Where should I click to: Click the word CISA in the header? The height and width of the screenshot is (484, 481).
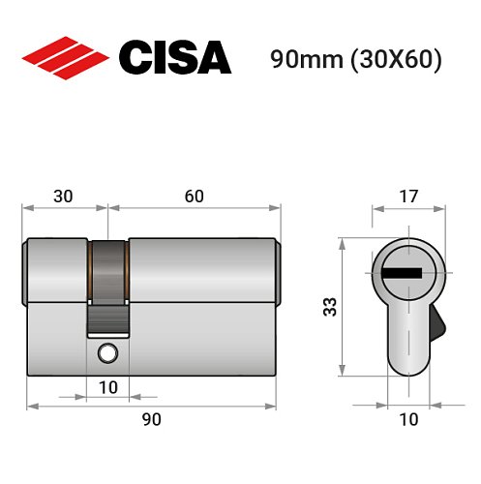175,58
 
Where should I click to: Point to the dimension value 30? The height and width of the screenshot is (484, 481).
64,197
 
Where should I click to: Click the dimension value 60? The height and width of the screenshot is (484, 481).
194,197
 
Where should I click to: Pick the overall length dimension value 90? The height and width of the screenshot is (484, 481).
151,419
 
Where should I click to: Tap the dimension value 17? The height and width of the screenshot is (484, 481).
407,197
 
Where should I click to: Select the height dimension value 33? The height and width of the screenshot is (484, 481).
328,307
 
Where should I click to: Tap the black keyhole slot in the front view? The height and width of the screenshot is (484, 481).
402,275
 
